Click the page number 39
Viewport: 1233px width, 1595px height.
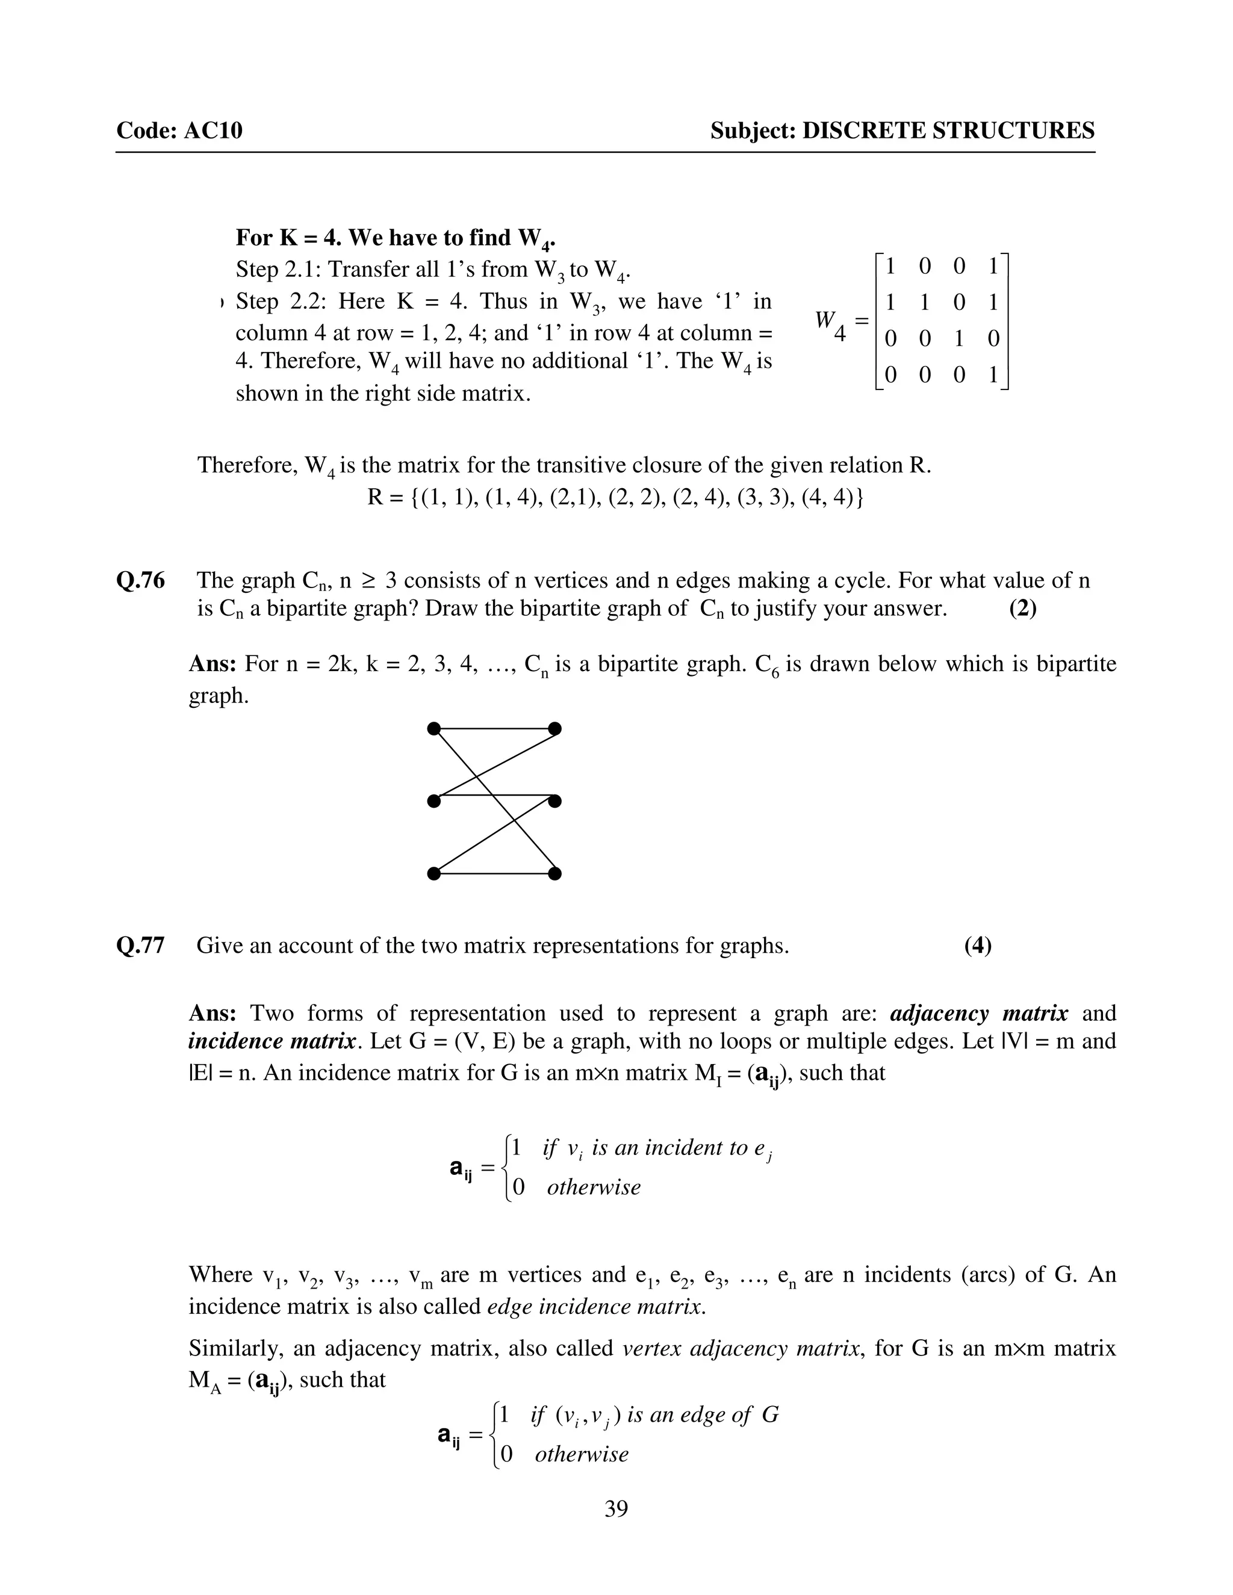616,1508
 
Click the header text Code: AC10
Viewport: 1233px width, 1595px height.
179,131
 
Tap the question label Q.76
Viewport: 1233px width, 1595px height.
140,581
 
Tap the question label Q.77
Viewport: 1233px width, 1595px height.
140,946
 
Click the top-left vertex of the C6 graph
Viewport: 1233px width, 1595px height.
434,728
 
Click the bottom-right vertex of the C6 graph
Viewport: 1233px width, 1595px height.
554,873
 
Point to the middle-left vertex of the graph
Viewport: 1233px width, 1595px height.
434,801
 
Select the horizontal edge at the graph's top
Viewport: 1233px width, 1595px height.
494,728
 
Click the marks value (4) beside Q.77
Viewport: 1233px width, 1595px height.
977,946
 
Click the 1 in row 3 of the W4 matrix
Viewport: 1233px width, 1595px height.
959,338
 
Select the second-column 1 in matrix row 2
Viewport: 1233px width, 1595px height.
925,302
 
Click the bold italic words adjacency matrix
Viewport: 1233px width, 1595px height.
979,1014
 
